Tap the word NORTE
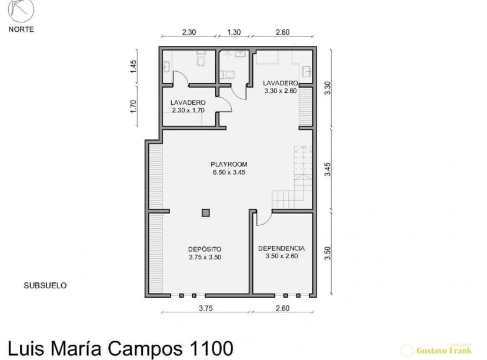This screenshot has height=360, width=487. pyautogui.click(x=21, y=29)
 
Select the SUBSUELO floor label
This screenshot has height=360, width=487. pyautogui.click(x=45, y=285)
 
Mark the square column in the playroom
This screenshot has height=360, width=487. pyautogui.click(x=205, y=212)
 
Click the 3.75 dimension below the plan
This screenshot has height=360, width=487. pyautogui.click(x=205, y=308)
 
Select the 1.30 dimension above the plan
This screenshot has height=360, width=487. pyautogui.click(x=234, y=33)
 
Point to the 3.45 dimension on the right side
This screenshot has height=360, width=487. pyautogui.click(x=328, y=169)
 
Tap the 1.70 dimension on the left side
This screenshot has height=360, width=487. pyautogui.click(x=134, y=106)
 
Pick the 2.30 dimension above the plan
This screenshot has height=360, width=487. pyautogui.click(x=188, y=33)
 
